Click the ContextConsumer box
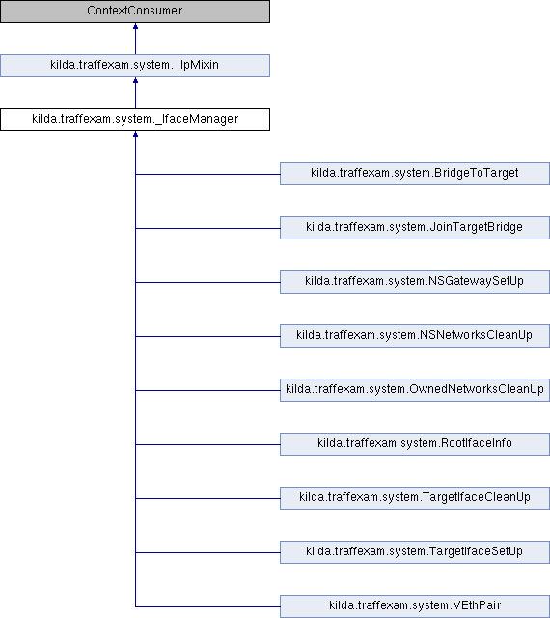(135, 11)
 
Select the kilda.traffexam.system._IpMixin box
(135, 66)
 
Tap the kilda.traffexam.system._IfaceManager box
(135, 120)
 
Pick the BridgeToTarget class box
(415, 174)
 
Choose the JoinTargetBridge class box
(415, 228)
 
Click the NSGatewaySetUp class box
(415, 281)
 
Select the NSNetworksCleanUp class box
(415, 336)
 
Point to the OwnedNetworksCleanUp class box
(415, 390)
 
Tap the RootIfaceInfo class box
(415, 444)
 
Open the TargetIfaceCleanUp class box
(415, 498)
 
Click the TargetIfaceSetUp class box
(415, 551)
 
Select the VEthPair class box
(415, 606)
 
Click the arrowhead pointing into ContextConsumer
(135, 26)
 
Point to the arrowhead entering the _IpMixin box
(135, 80)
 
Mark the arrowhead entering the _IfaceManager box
(135, 134)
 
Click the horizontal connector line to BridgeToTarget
(207, 174)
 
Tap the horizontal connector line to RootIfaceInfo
(207, 444)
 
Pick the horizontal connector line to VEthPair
(207, 606)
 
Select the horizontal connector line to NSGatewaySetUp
(207, 282)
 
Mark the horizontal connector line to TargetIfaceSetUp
(207, 552)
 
